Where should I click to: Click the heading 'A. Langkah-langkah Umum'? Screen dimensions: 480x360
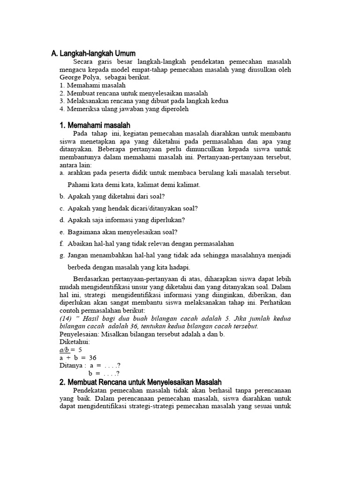pos(93,54)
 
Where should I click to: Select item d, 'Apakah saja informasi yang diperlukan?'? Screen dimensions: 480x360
pos(126,220)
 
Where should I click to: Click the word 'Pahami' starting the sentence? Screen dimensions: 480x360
pos(78,185)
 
